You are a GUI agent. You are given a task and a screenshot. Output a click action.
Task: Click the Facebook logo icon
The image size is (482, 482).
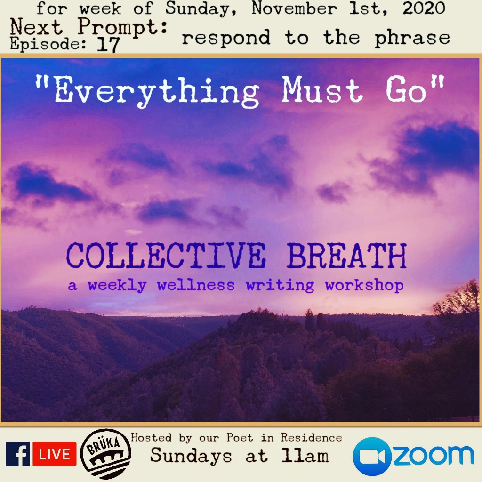(18, 454)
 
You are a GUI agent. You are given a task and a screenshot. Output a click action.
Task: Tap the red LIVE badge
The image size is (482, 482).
(55, 454)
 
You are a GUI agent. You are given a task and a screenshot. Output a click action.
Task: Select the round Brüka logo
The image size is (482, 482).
(105, 454)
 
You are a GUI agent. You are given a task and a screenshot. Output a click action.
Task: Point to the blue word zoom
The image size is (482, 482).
(434, 456)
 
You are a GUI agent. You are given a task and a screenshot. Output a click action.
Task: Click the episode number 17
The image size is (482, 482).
(108, 45)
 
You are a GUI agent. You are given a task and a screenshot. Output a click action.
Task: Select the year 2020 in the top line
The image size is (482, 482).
(424, 8)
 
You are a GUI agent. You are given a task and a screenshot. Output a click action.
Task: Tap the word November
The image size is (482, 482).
(294, 8)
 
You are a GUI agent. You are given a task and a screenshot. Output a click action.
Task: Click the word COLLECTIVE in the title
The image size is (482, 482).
(166, 256)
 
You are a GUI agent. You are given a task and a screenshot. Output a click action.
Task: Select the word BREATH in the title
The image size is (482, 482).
(347, 256)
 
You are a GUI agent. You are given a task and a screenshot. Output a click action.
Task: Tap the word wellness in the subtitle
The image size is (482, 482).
(196, 285)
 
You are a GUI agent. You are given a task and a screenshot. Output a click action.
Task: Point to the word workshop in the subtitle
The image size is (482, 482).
(364, 286)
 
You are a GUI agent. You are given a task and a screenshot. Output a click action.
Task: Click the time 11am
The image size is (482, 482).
(305, 456)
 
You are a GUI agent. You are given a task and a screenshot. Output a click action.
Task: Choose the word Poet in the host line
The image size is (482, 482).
(241, 437)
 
